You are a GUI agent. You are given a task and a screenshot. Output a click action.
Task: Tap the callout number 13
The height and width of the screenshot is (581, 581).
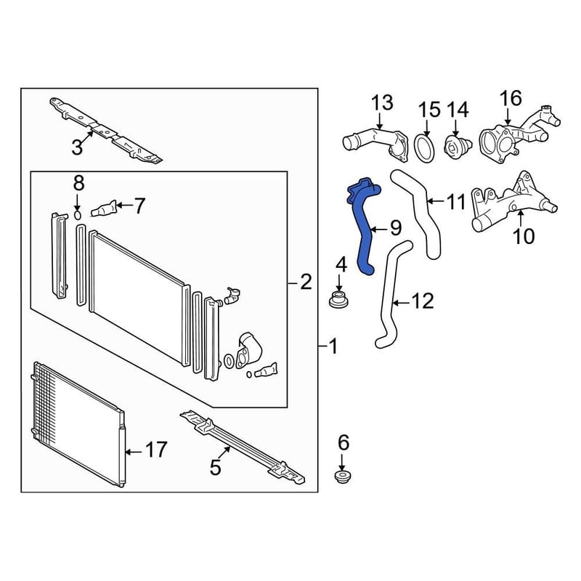coord(382,102)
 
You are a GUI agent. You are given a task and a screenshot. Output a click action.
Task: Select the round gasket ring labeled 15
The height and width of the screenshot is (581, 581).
coord(424,149)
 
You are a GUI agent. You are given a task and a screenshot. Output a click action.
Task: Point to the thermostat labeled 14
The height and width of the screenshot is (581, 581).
coord(458,146)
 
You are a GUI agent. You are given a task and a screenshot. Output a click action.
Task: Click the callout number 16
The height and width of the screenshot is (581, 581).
coord(511,98)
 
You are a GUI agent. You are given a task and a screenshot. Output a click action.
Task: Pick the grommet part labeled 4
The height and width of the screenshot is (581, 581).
coord(338,299)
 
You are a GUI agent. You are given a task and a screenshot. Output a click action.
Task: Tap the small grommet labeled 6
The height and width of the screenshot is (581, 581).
coord(343,476)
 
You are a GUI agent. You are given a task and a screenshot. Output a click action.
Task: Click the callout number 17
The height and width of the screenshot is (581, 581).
coord(156,450)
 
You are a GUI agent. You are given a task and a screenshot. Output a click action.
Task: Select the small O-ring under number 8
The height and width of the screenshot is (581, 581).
coord(78,215)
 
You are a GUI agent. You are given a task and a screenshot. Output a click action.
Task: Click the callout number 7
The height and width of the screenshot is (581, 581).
coord(139,206)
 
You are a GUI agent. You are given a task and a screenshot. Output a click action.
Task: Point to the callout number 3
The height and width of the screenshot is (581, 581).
coord(77,147)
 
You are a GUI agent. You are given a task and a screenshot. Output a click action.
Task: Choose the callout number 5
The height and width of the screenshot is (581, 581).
coord(215,467)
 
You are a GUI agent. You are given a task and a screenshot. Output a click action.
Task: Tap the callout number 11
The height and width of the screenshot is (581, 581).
coord(456,202)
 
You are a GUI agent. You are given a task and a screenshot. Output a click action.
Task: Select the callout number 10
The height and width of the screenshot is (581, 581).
coord(524,236)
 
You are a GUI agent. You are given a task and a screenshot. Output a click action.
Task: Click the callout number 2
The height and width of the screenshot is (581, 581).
coord(306,283)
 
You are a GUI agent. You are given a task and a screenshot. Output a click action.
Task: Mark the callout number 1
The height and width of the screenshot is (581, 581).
coord(333,346)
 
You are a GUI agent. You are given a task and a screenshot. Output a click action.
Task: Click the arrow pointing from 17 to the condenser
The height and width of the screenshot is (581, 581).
coord(134,452)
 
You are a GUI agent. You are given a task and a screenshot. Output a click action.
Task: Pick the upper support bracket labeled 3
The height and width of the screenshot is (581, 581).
coord(105,130)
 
